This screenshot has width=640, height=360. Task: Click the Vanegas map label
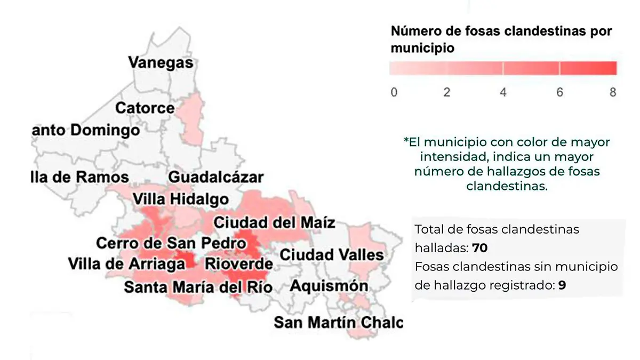[161, 62]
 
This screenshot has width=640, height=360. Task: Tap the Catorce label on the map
[145, 108]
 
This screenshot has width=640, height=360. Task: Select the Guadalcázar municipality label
[216, 178]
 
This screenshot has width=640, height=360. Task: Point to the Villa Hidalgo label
[180, 199]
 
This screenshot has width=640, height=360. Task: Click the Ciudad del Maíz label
[274, 221]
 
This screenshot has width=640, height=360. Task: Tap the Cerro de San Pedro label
[171, 243]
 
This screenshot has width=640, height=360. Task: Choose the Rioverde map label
[239, 263]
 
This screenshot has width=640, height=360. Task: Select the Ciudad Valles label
[332, 255]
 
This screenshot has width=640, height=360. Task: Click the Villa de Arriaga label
[127, 263]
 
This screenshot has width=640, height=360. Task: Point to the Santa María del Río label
[198, 287]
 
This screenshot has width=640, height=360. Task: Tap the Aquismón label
[329, 286]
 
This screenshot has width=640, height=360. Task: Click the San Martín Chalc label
[338, 323]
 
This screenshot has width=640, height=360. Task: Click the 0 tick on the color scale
[394, 92]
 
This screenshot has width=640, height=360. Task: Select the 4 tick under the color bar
[503, 92]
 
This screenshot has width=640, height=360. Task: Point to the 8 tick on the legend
[613, 92]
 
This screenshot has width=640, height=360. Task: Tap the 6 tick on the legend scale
[559, 92]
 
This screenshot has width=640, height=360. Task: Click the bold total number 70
[480, 248]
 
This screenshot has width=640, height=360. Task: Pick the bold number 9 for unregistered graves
[562, 285]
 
